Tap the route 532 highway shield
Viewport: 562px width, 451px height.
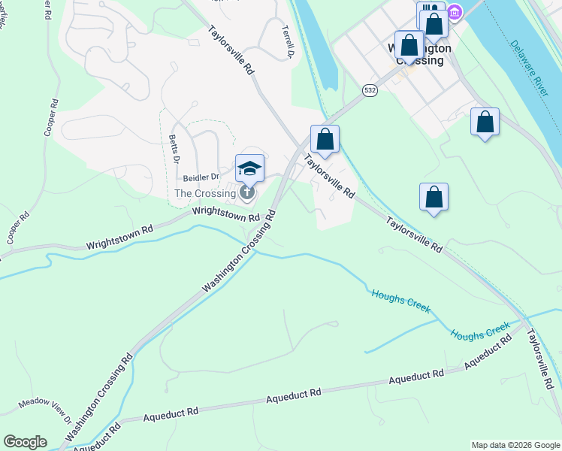click(369, 90)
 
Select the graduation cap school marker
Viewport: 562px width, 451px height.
click(249, 168)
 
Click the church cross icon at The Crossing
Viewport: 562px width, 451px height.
click(247, 193)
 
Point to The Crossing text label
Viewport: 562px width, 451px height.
click(205, 193)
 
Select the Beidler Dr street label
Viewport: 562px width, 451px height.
click(201, 177)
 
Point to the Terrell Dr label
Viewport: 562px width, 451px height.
click(287, 42)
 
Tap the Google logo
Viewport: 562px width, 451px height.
click(25, 442)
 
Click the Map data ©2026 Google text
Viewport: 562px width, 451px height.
click(515, 445)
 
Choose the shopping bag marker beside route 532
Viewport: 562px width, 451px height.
click(325, 139)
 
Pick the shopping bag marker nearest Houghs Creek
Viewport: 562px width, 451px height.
click(434, 198)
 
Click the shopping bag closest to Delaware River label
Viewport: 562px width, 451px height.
click(485, 122)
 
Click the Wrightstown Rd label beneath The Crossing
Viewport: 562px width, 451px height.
click(225, 213)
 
